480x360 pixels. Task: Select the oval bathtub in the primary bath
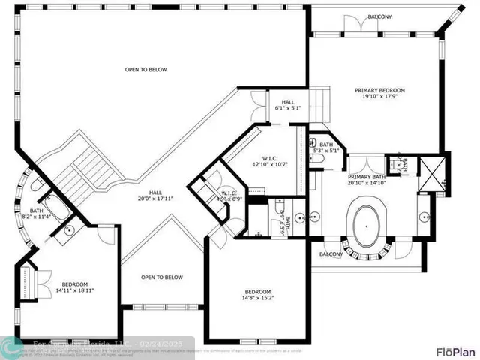tap(366, 224)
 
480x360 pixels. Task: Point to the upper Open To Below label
tap(145, 70)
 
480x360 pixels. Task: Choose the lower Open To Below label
tap(162, 277)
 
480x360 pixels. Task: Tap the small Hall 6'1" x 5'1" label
tap(288, 105)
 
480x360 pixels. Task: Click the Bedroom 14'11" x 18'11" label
tap(75, 286)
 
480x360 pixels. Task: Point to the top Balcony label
tap(379, 16)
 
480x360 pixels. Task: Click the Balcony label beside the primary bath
tap(330, 254)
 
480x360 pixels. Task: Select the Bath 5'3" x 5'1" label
tap(326, 148)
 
